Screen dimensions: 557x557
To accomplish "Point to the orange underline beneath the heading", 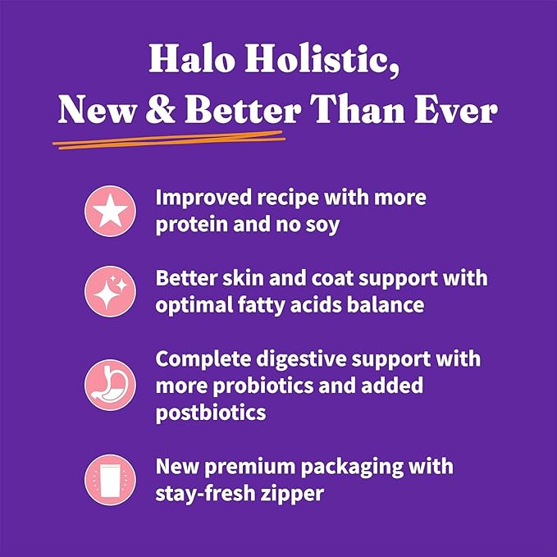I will (x=168, y=142).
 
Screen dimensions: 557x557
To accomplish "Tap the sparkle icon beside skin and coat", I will (x=109, y=290).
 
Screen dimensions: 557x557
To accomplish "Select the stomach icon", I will (x=109, y=384).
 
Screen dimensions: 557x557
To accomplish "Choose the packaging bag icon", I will (x=109, y=479).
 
